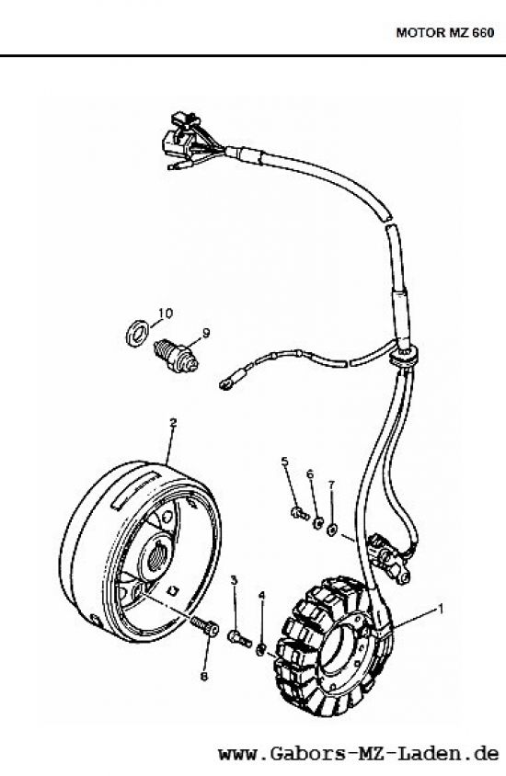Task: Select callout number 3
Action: click(235, 580)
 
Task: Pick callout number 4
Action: click(261, 595)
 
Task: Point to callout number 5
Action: click(285, 461)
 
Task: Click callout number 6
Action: click(310, 474)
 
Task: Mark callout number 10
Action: click(162, 313)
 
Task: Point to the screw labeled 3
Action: click(241, 636)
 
